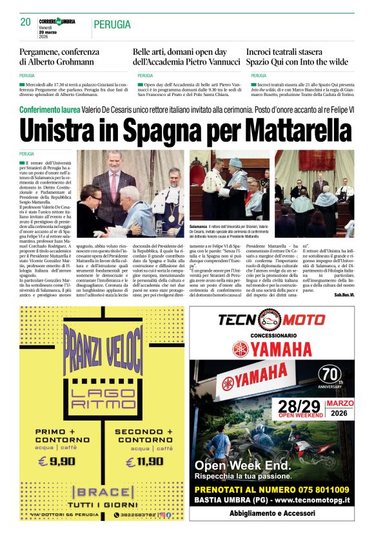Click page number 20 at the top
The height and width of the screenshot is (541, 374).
[25, 22]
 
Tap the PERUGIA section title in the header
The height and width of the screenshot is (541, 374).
[112, 25]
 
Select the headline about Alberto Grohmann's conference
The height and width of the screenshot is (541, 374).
[65, 56]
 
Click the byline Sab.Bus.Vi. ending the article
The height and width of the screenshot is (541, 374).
[343, 294]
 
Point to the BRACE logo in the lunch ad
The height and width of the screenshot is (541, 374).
[103, 491]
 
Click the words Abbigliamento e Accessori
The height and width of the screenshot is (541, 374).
[271, 513]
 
